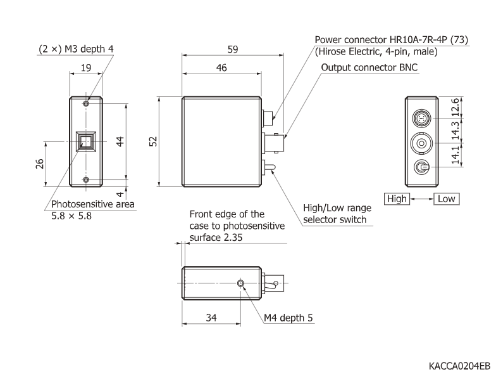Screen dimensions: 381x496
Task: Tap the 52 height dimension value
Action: coord(152,142)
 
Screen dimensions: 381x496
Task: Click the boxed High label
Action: coord(397,199)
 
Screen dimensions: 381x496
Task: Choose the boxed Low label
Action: coord(446,199)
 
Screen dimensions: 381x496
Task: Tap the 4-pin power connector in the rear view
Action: coord(421,119)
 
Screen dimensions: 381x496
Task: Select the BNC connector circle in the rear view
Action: coord(421,144)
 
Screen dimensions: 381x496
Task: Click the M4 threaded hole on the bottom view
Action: coord(240,283)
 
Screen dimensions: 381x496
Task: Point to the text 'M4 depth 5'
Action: coord(288,317)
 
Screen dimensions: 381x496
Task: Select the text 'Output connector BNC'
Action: coord(369,68)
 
